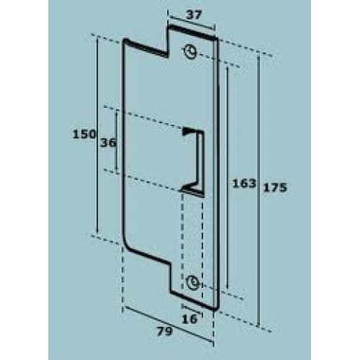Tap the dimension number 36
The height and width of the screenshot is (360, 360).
pyautogui.click(x=107, y=143)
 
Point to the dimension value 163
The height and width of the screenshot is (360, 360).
pyautogui.click(x=244, y=184)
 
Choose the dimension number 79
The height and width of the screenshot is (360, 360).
pyautogui.click(x=165, y=333)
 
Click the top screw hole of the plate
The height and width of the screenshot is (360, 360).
pyautogui.click(x=190, y=51)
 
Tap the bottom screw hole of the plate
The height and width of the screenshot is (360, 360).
pyautogui.click(x=192, y=282)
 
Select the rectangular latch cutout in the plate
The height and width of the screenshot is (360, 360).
pyautogui.click(x=199, y=158)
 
